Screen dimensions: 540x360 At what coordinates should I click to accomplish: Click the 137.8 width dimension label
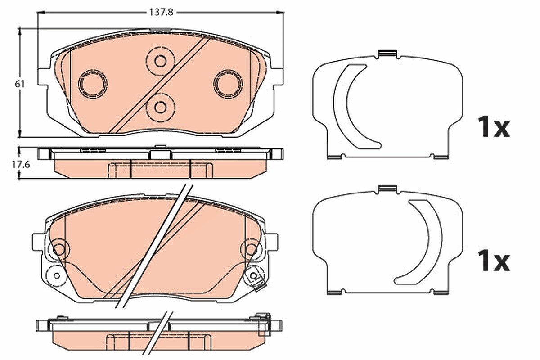(x=161, y=12)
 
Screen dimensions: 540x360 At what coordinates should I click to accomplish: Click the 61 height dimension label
(x=20, y=84)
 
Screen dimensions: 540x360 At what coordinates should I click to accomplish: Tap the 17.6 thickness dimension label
(x=21, y=165)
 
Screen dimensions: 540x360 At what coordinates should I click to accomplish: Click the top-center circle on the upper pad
(x=160, y=61)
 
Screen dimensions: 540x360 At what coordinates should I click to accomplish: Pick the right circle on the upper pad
(x=228, y=84)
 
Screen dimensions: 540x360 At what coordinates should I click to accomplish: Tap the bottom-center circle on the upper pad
(x=160, y=107)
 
